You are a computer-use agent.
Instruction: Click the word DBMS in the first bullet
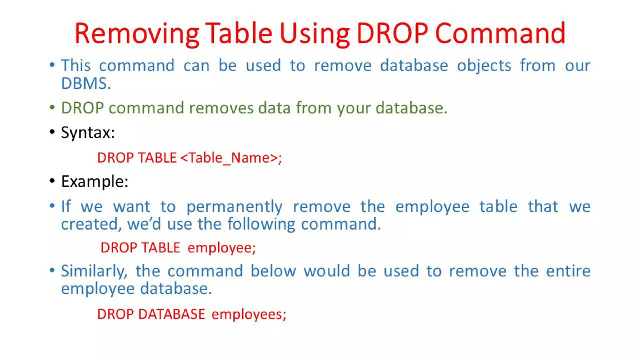(86, 83)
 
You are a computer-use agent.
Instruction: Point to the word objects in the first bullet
(484, 66)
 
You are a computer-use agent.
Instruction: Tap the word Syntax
(88, 132)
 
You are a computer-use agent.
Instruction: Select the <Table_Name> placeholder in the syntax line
(231, 157)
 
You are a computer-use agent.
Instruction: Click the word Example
(94, 182)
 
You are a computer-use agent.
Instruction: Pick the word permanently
(234, 207)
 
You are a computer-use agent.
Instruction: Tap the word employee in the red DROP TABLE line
(221, 248)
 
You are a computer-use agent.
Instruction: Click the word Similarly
(94, 271)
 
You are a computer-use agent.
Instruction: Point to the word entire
(568, 271)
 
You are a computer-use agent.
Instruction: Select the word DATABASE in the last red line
(172, 314)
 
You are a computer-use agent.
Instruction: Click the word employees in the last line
(248, 314)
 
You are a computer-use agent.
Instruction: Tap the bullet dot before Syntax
(52, 132)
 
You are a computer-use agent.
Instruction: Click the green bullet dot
(52, 107)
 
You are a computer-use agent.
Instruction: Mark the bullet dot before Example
(52, 181)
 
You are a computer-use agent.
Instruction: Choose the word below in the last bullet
(273, 271)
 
